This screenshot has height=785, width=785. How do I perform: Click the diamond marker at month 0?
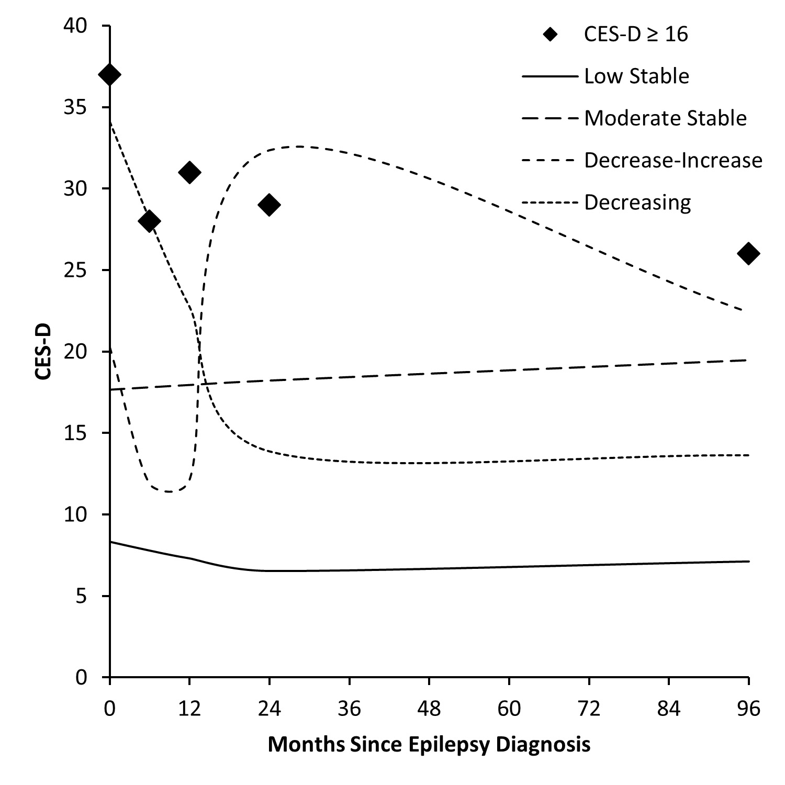pyautogui.click(x=110, y=75)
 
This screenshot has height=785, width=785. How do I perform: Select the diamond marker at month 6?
pyautogui.click(x=149, y=221)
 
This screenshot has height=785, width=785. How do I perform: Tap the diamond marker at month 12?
pyautogui.click(x=189, y=172)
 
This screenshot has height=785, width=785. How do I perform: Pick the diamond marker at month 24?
pyautogui.click(x=269, y=205)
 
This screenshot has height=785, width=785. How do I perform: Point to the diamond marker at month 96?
pyautogui.click(x=748, y=253)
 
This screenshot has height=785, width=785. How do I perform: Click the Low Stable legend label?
pyautogui.click(x=636, y=76)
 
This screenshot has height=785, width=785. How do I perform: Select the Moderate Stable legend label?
pyautogui.click(x=665, y=118)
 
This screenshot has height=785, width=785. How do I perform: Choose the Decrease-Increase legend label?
pyautogui.click(x=673, y=160)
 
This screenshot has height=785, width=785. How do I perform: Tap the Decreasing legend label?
pyautogui.click(x=637, y=202)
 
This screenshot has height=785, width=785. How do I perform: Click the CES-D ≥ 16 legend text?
pyautogui.click(x=636, y=35)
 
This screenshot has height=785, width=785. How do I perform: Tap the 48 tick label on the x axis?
pyautogui.click(x=429, y=709)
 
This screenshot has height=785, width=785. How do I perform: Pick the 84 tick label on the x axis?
pyautogui.click(x=669, y=709)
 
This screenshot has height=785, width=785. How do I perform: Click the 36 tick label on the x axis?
pyautogui.click(x=349, y=709)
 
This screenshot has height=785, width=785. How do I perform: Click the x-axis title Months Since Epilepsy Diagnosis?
pyautogui.click(x=429, y=744)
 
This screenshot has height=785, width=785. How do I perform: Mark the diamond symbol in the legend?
pyautogui.click(x=550, y=35)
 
